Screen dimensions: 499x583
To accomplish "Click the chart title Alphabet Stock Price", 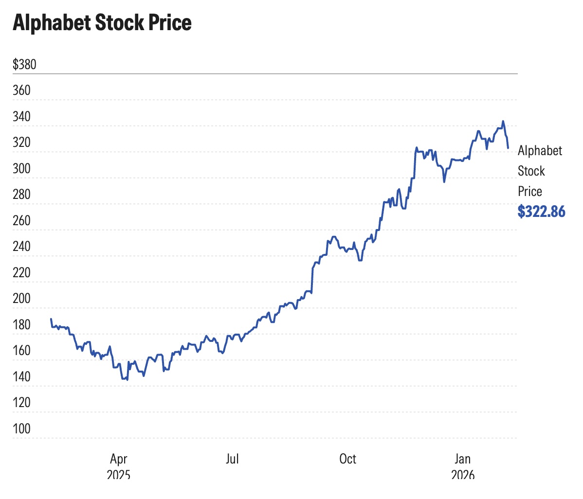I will pyautogui.click(x=102, y=23).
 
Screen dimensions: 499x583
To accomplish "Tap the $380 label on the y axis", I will pyautogui.click(x=24, y=64).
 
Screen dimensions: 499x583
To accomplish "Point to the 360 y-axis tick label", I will pyautogui.click(x=21, y=90).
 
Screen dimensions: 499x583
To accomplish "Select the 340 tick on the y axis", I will pyautogui.click(x=21, y=117).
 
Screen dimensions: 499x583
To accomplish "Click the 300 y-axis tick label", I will pyautogui.click(x=21, y=169).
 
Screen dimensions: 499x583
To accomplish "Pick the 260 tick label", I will pyautogui.click(x=21, y=221).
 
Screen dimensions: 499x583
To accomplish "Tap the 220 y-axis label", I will pyautogui.click(x=21, y=273).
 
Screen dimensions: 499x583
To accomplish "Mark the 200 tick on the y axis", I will pyautogui.click(x=21, y=299).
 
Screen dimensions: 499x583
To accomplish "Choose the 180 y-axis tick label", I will pyautogui.click(x=21, y=325).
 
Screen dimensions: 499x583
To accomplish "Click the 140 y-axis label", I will pyautogui.click(x=21, y=377).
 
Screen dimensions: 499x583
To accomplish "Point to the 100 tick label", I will pyautogui.click(x=21, y=429).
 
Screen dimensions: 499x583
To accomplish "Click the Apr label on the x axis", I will pyautogui.click(x=118, y=459).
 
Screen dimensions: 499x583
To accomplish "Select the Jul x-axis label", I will pyautogui.click(x=232, y=459).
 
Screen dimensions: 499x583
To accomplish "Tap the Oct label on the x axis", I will pyautogui.click(x=347, y=459).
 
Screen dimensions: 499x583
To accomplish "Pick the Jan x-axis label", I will pyautogui.click(x=462, y=459).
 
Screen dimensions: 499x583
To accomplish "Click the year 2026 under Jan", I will pyautogui.click(x=462, y=474).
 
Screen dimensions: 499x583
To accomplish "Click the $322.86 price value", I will pyautogui.click(x=541, y=212).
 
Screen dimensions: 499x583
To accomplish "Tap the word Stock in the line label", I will pyautogui.click(x=531, y=171).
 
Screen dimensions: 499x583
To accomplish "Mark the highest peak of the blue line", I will pyautogui.click(x=503, y=121).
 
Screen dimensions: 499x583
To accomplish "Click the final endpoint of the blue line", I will pyautogui.click(x=508, y=148).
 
